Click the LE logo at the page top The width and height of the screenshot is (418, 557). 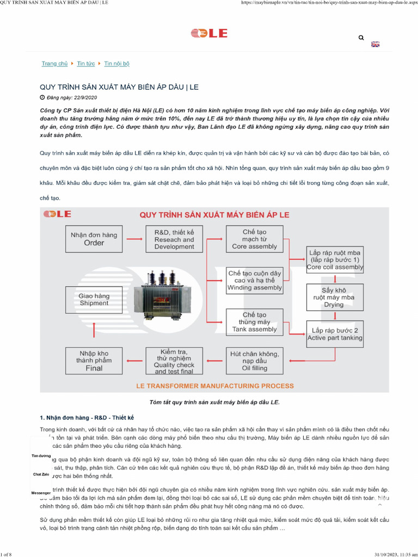click(x=209, y=34)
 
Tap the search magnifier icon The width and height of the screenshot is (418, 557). click(x=361, y=38)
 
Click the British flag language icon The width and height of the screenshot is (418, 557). click(x=375, y=44)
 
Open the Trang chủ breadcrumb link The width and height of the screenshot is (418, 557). click(x=54, y=64)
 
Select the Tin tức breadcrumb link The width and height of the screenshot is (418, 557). click(x=86, y=64)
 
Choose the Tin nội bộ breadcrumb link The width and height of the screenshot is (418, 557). click(x=117, y=64)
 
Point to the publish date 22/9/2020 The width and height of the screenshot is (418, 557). click(x=72, y=97)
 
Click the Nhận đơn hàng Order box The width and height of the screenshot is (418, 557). click(x=94, y=239)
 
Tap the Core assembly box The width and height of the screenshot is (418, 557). click(x=254, y=239)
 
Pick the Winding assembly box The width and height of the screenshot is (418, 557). click(x=254, y=280)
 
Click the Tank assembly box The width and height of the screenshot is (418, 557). click(x=254, y=322)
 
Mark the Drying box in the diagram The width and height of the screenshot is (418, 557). click(x=334, y=297)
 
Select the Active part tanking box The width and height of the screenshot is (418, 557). click(x=334, y=334)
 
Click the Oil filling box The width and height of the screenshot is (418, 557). click(x=254, y=361)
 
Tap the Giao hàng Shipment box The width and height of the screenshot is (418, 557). click(x=94, y=299)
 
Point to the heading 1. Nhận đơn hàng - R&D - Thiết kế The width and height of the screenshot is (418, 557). click(x=87, y=417)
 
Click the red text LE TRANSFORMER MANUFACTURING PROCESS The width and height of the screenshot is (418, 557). click(x=214, y=386)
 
